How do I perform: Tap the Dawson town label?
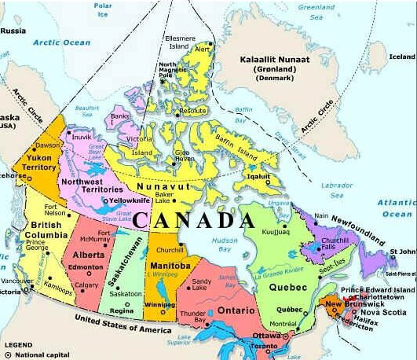point(47,145)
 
